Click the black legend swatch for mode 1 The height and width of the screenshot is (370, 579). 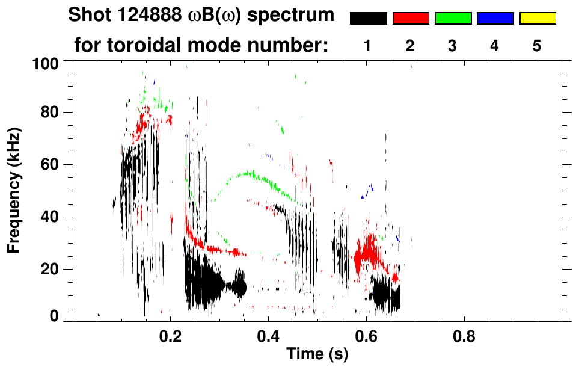click(369, 19)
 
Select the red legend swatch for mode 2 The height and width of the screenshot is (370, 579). click(411, 19)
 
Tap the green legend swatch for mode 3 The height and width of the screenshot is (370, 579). click(453, 19)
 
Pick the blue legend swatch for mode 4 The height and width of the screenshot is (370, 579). click(495, 19)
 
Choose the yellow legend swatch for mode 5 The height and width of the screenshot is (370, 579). click(537, 19)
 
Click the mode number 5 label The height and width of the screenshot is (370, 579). click(537, 46)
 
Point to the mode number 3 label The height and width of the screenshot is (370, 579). click(453, 46)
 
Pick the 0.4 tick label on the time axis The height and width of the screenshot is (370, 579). click(269, 335)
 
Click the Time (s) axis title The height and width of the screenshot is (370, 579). click(317, 355)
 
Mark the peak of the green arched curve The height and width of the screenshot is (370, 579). click(248, 173)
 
